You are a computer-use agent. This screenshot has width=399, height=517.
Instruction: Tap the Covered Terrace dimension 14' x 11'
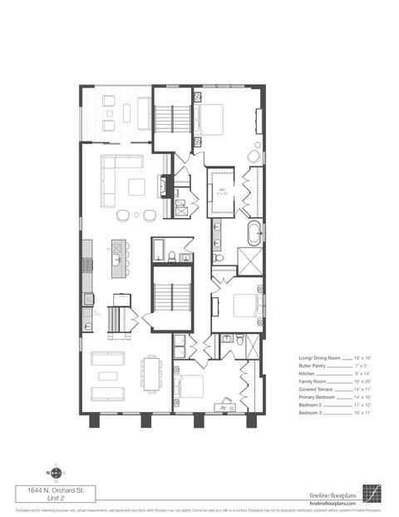(x=367, y=389)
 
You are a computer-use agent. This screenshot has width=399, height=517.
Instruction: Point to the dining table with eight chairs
(x=151, y=374)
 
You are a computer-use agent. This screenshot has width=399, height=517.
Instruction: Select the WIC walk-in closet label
(x=223, y=191)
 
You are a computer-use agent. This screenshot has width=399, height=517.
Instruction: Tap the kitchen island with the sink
(x=118, y=257)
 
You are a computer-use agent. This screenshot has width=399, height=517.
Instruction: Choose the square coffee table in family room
(x=136, y=186)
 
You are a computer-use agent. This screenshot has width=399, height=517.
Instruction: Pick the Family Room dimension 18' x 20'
(x=367, y=380)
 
